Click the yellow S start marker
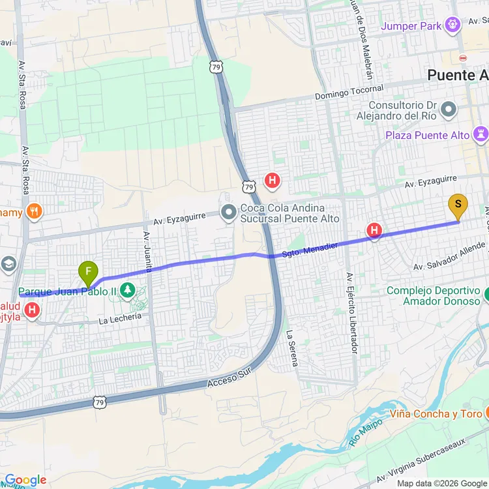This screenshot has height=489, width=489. point(458,206)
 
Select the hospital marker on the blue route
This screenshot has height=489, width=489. point(374,230)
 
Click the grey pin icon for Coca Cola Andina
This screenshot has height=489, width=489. point(229,213)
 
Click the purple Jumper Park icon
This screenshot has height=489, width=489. point(452,26)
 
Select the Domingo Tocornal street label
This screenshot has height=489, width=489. point(349,93)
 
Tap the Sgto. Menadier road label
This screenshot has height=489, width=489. point(309,248)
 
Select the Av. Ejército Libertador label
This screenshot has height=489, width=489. point(352,313)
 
